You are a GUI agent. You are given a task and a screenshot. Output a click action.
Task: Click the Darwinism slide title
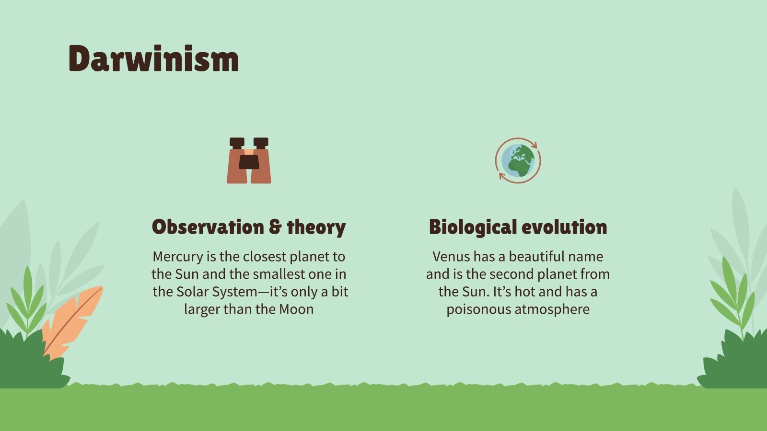coord(153,59)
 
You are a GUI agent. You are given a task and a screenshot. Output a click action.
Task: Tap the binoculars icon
coord(249,160)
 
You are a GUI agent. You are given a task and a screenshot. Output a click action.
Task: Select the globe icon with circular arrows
coord(518,160)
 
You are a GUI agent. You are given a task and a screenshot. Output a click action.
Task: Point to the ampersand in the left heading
coord(275,227)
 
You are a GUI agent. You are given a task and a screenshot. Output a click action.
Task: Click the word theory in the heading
coord(316,227)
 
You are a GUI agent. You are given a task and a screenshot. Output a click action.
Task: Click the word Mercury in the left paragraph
coord(177,257)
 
